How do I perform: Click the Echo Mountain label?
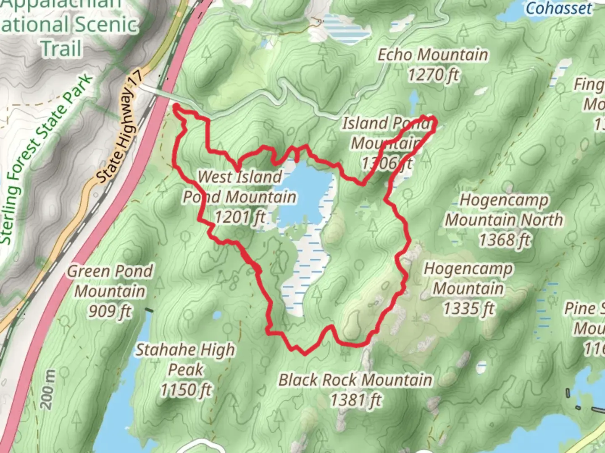[x=433, y=55]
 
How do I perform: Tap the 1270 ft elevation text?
[x=433, y=75]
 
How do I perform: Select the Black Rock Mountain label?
[x=355, y=380]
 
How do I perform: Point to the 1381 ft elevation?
[x=355, y=400]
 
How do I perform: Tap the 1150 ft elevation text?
[x=185, y=390]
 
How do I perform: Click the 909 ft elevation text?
[x=110, y=311]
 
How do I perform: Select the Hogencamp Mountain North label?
[x=504, y=210]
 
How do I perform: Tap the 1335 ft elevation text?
[x=468, y=309]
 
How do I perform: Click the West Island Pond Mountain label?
[x=239, y=187]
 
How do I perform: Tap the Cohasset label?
[x=559, y=8]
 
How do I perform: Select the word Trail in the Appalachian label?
[x=61, y=48]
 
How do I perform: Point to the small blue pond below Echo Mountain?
[x=414, y=99]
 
